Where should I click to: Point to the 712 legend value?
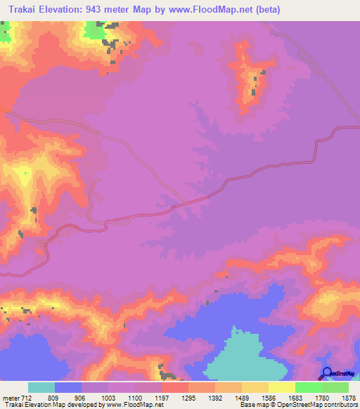coord(27,397)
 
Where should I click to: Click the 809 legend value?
coord(54,397)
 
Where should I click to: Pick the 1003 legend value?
coord(108,397)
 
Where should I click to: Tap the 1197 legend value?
coord(161,397)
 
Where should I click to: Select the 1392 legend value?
coord(214,397)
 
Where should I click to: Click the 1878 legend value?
coord(348,397)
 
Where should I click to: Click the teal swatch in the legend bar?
coord(41,387)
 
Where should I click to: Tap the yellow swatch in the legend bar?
coord(282,387)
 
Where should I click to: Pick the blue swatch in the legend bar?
coord(68,387)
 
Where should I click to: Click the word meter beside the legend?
coord(10,397)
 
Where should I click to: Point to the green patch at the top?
coord(94,30)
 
